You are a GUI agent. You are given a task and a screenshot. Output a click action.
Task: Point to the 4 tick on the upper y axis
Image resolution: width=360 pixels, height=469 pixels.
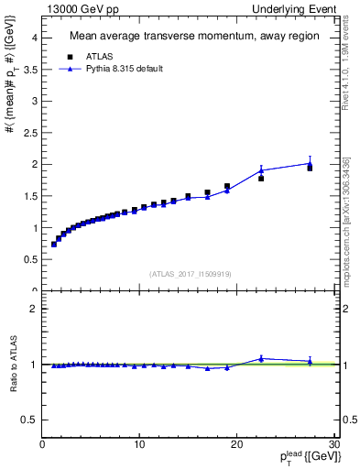(x=34, y=38)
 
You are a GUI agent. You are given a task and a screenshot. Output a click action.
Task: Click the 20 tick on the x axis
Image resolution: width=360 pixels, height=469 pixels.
(x=236, y=445)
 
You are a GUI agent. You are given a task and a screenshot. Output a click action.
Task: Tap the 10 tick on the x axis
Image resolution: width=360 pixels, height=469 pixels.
(x=139, y=445)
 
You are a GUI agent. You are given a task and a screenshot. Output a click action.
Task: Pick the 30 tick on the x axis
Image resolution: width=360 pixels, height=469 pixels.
(x=333, y=445)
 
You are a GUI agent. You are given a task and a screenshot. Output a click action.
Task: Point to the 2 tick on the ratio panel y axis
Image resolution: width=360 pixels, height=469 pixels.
(x=34, y=310)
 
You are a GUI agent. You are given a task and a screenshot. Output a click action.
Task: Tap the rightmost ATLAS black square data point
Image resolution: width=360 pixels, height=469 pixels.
(x=310, y=168)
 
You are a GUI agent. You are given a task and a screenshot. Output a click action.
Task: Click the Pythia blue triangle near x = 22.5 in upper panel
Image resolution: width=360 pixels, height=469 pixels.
(x=261, y=170)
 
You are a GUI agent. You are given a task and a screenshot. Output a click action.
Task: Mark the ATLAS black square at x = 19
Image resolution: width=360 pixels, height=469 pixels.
(x=227, y=186)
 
